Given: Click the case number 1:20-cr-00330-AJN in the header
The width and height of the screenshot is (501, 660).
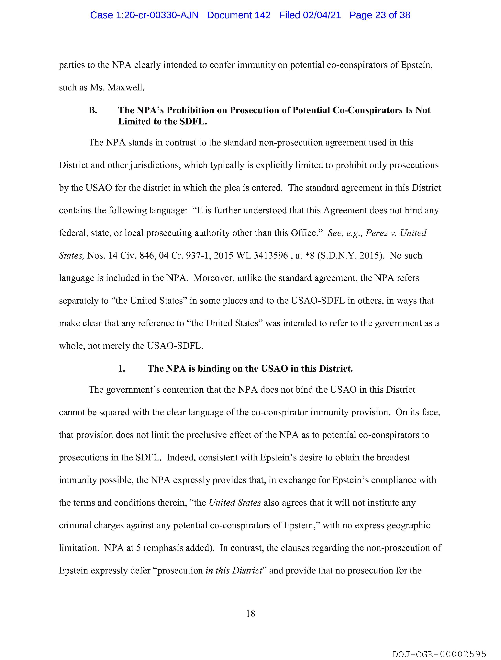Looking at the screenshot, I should point(144,15).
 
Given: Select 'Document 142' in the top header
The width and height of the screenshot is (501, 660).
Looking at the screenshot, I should point(239,15).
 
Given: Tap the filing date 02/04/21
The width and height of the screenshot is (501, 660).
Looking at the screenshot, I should point(322,15).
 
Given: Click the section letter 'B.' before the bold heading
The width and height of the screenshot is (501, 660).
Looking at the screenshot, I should point(93,110).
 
